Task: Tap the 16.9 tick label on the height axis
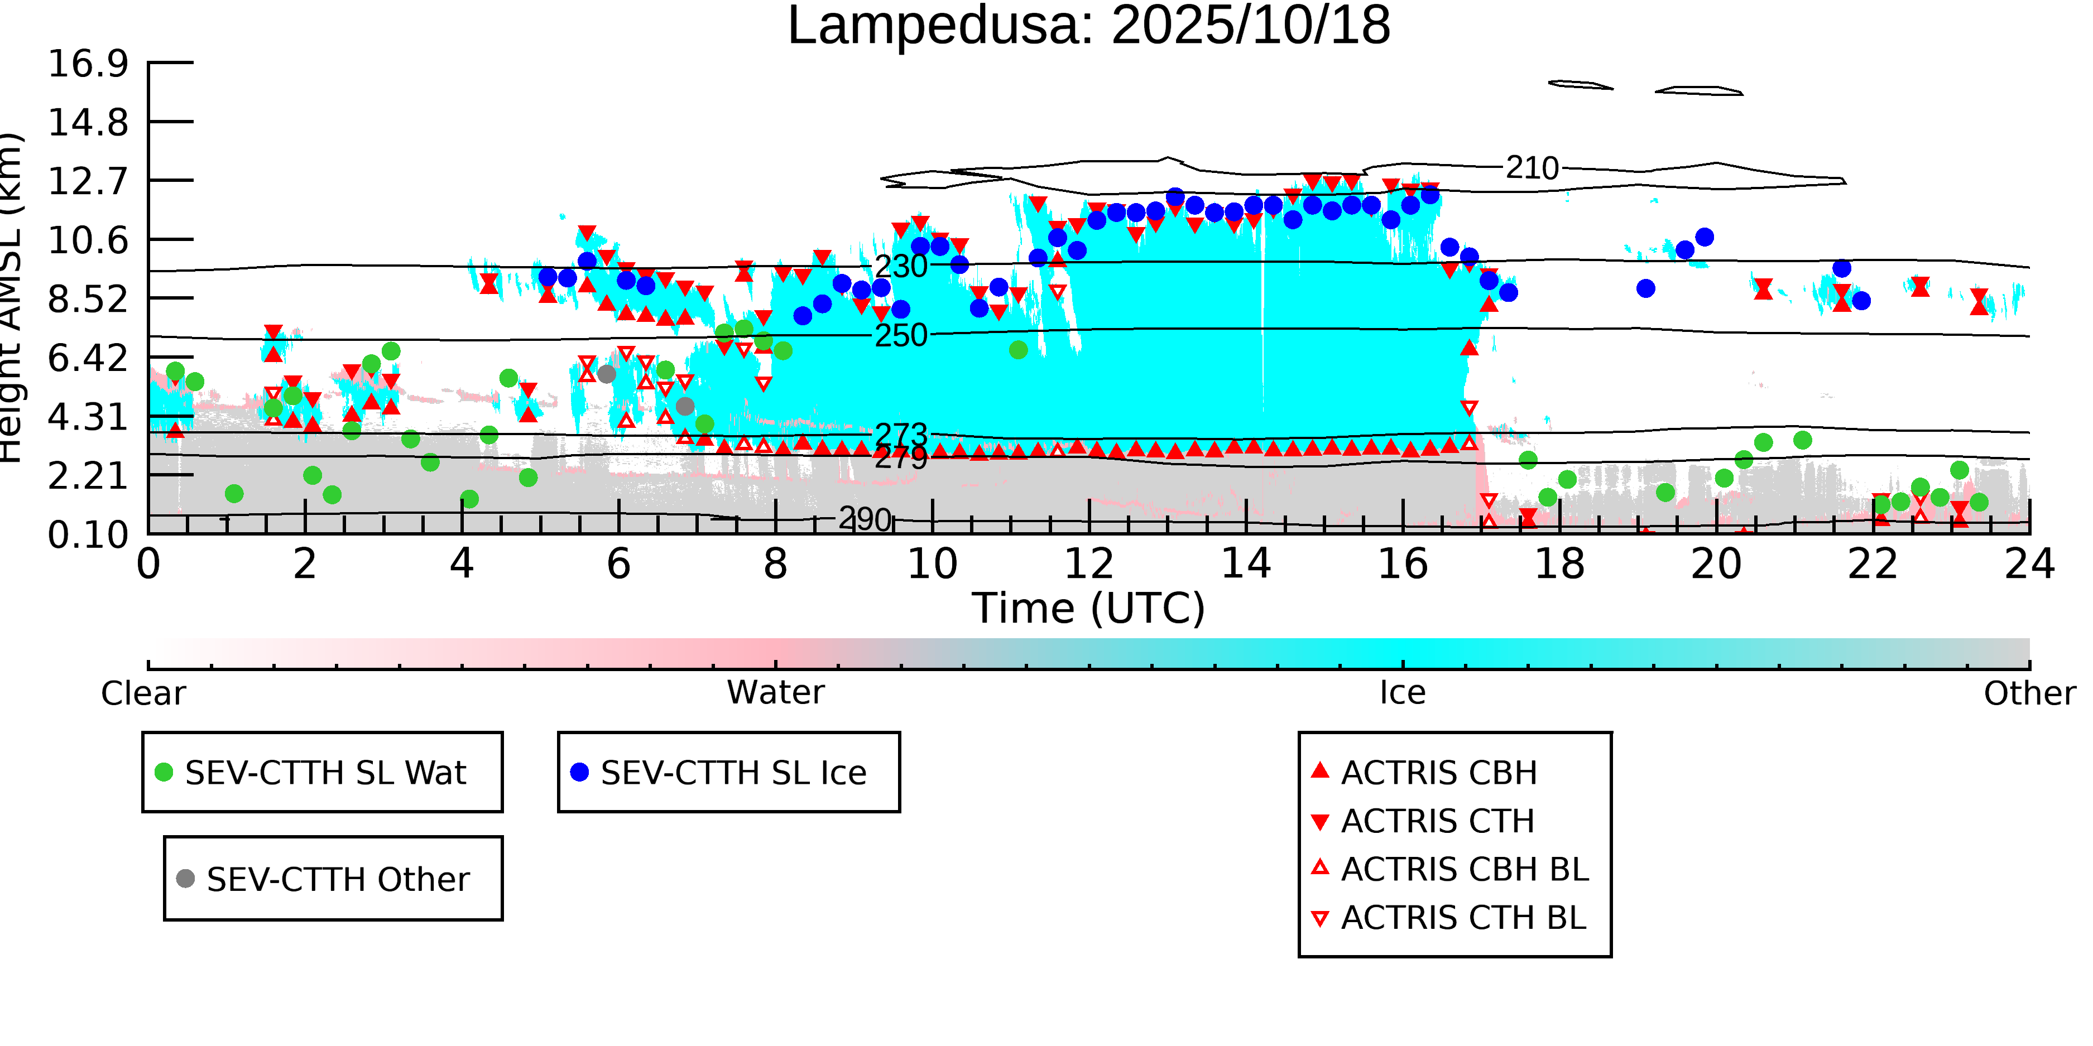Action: tap(88, 64)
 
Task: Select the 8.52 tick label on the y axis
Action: tap(88, 300)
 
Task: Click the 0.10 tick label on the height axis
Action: tap(88, 535)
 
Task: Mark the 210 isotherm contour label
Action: tap(1532, 168)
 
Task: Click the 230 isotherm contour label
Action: tap(900, 266)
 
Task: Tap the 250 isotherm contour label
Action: tap(900, 335)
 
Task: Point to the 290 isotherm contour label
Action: tap(865, 519)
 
